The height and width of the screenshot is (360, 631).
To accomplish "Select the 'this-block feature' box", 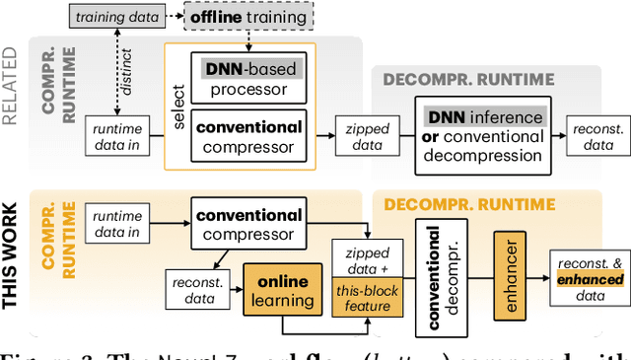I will pyautogui.click(x=364, y=298).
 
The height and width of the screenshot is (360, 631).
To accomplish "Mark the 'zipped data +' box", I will pyautogui.click(x=364, y=260).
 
